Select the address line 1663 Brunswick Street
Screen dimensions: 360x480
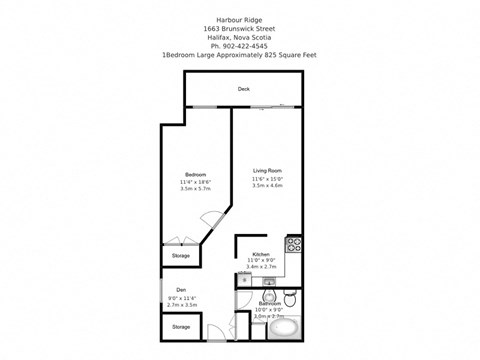(239, 29)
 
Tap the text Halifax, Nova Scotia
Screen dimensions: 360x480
(239, 38)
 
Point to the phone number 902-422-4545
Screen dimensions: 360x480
(245, 47)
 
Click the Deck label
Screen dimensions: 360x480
(243, 89)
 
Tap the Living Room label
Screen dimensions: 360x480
(267, 171)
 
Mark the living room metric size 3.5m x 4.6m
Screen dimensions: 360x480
(267, 185)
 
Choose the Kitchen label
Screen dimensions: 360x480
(261, 254)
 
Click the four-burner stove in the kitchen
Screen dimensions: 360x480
(294, 243)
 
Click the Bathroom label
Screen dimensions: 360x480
(270, 302)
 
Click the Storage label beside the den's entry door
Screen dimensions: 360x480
(180, 327)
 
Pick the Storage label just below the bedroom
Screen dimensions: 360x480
(180, 255)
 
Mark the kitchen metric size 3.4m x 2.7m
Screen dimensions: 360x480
(261, 268)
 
